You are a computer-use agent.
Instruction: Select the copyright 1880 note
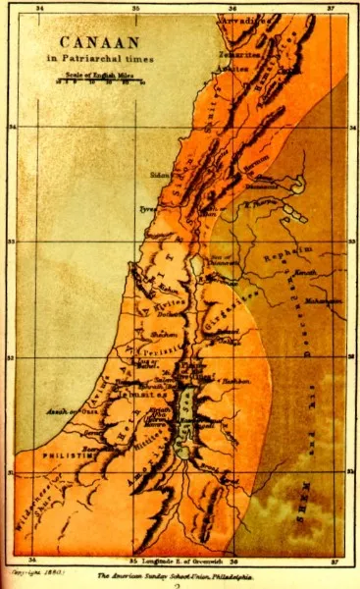pos(28,568)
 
